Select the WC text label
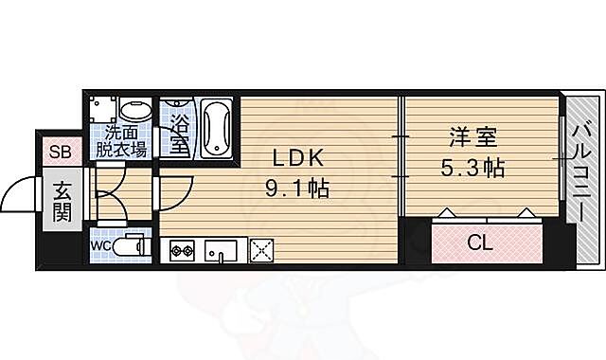[101, 245]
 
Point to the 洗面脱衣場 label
[125, 142]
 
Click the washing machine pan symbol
[106, 110]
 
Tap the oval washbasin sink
[135, 112]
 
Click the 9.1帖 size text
[296, 189]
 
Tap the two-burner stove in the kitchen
[182, 250]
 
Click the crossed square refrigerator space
[260, 249]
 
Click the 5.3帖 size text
[473, 169]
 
